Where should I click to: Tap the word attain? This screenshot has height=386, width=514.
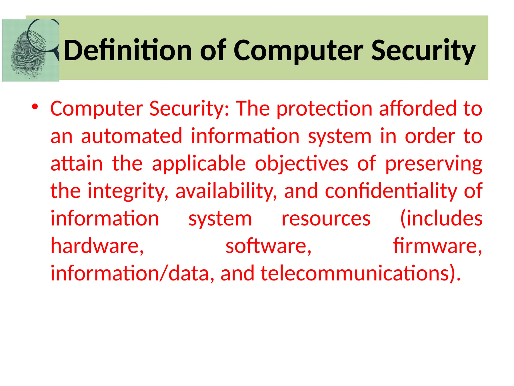(77, 163)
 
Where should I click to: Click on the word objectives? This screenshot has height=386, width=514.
(301, 163)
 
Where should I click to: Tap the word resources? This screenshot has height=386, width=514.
(326, 219)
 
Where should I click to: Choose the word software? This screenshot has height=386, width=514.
(268, 246)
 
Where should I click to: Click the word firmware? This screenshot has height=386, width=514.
(437, 246)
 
